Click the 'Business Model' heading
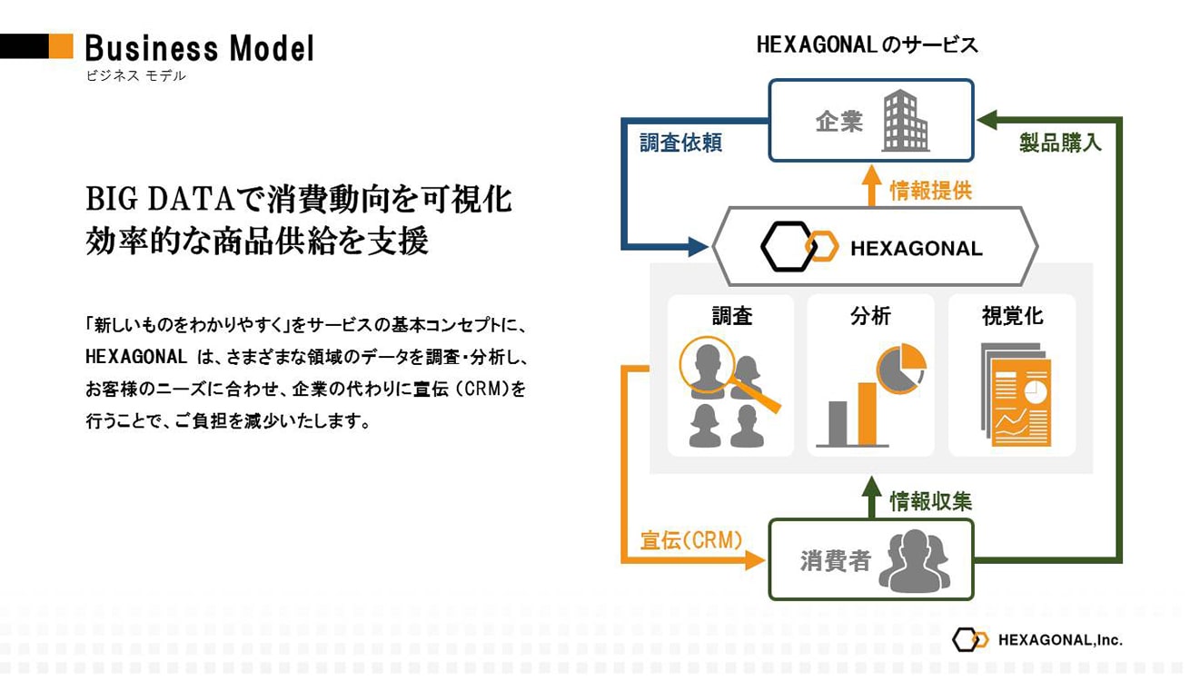[x=199, y=48]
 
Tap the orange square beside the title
[x=61, y=46]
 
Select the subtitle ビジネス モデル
[x=136, y=76]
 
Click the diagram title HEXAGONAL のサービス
[x=867, y=45]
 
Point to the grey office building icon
[x=906, y=121]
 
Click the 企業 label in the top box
[x=838, y=121]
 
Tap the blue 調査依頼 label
[x=680, y=143]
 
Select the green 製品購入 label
[x=1060, y=143]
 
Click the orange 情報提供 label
[x=931, y=190]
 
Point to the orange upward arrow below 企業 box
[x=871, y=185]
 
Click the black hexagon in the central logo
[x=788, y=247]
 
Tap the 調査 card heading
[x=731, y=316]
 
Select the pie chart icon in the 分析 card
[x=900, y=369]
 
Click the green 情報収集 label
[x=931, y=501]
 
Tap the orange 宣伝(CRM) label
[x=690, y=540]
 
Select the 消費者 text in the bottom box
[x=835, y=561]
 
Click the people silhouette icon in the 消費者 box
[x=914, y=561]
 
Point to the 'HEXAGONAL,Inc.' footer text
[x=1060, y=640]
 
